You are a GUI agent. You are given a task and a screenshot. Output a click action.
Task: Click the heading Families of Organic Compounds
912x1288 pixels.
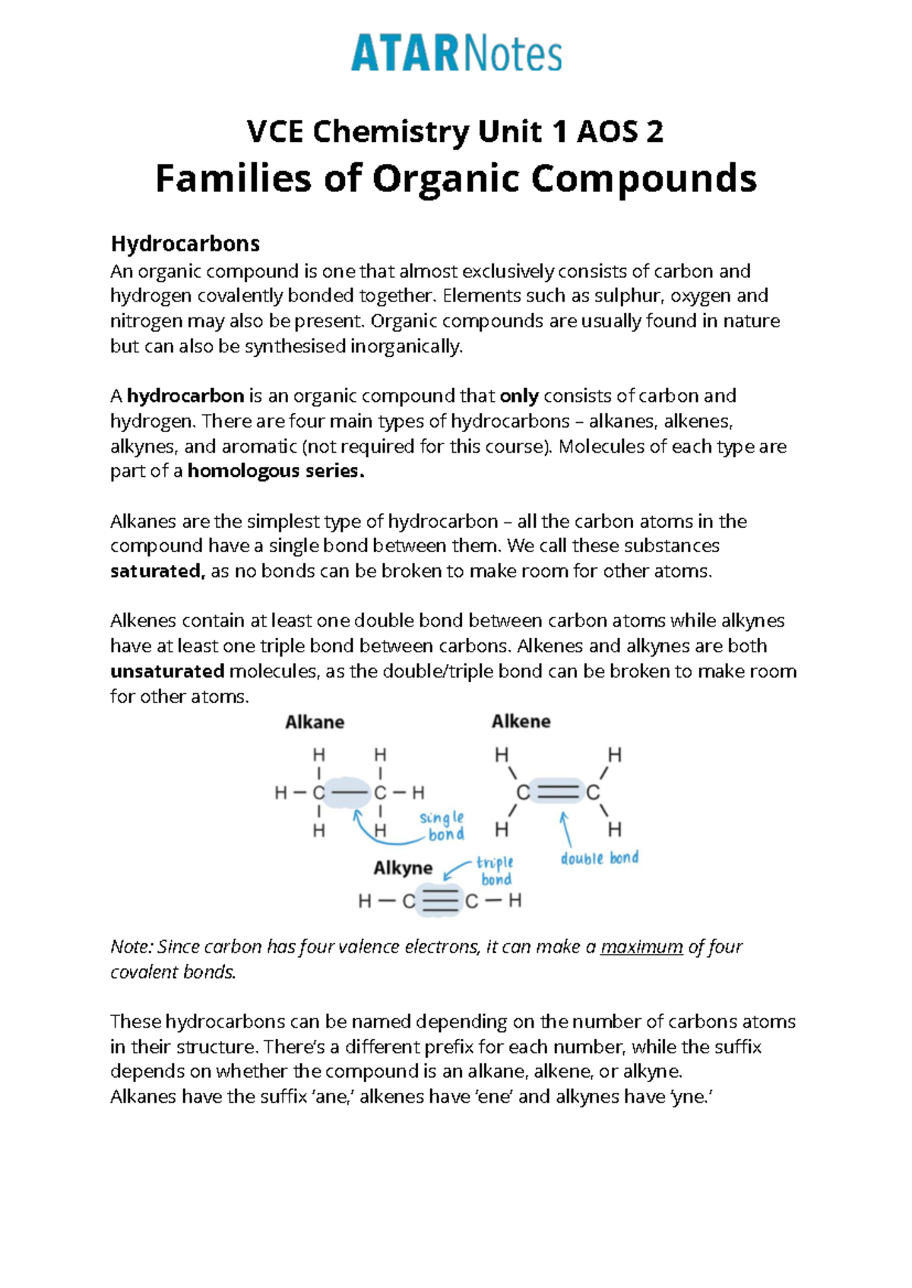[456, 179]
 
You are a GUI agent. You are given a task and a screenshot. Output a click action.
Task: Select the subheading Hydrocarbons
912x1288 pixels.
[185, 244]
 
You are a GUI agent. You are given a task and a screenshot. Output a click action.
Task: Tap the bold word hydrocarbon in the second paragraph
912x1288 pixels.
[185, 396]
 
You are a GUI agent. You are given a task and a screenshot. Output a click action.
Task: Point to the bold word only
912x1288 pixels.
[519, 396]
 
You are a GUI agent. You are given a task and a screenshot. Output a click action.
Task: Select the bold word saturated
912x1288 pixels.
[157, 572]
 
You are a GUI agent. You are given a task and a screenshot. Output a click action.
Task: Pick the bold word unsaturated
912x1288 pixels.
[167, 672]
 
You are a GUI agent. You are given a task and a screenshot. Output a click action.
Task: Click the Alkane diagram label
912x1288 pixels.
[315, 722]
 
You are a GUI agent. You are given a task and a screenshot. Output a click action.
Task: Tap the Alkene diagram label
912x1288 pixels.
[521, 721]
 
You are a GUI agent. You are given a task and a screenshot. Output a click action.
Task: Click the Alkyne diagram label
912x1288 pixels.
[403, 868]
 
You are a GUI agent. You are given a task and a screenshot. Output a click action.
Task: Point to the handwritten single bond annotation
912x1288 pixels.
[443, 826]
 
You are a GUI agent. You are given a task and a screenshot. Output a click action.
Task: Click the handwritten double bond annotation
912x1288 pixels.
[600, 858]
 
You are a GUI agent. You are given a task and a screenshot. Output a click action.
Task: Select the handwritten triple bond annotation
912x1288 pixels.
[496, 871]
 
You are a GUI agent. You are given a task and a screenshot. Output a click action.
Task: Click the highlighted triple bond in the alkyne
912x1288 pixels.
[440, 901]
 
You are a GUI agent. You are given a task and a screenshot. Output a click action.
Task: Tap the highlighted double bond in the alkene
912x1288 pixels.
[557, 793]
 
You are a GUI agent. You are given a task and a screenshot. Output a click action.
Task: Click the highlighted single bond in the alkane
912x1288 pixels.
[350, 793]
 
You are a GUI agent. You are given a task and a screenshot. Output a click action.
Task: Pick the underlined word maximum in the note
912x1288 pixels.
[641, 947]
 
